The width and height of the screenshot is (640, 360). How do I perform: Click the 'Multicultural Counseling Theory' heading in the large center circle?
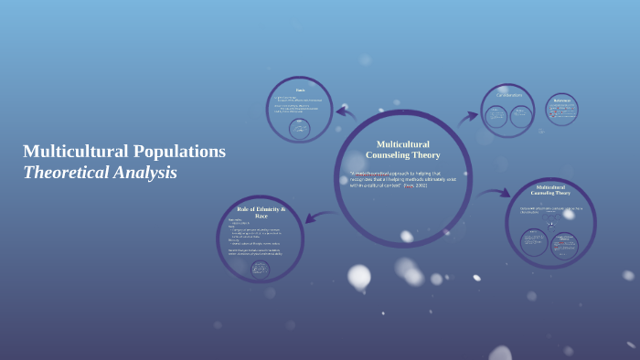[403, 150]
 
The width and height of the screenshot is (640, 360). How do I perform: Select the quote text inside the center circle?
[403, 179]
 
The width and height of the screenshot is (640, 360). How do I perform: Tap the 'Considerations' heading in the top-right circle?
[508, 95]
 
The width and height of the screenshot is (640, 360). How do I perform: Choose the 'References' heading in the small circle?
[561, 101]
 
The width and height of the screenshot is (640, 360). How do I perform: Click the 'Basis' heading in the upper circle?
[299, 90]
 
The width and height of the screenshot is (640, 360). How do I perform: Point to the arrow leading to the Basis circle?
[346, 113]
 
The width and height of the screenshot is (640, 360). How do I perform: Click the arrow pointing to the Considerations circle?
[467, 116]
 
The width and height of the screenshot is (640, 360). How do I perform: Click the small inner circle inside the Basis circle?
[299, 129]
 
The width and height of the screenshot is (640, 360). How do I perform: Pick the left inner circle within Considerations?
[496, 116]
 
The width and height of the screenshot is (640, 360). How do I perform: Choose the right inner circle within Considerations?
[521, 116]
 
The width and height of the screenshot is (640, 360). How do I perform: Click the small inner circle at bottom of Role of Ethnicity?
[261, 269]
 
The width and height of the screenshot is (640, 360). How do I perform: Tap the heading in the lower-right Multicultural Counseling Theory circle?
[550, 189]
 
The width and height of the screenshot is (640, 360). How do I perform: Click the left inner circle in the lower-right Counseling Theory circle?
[534, 242]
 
